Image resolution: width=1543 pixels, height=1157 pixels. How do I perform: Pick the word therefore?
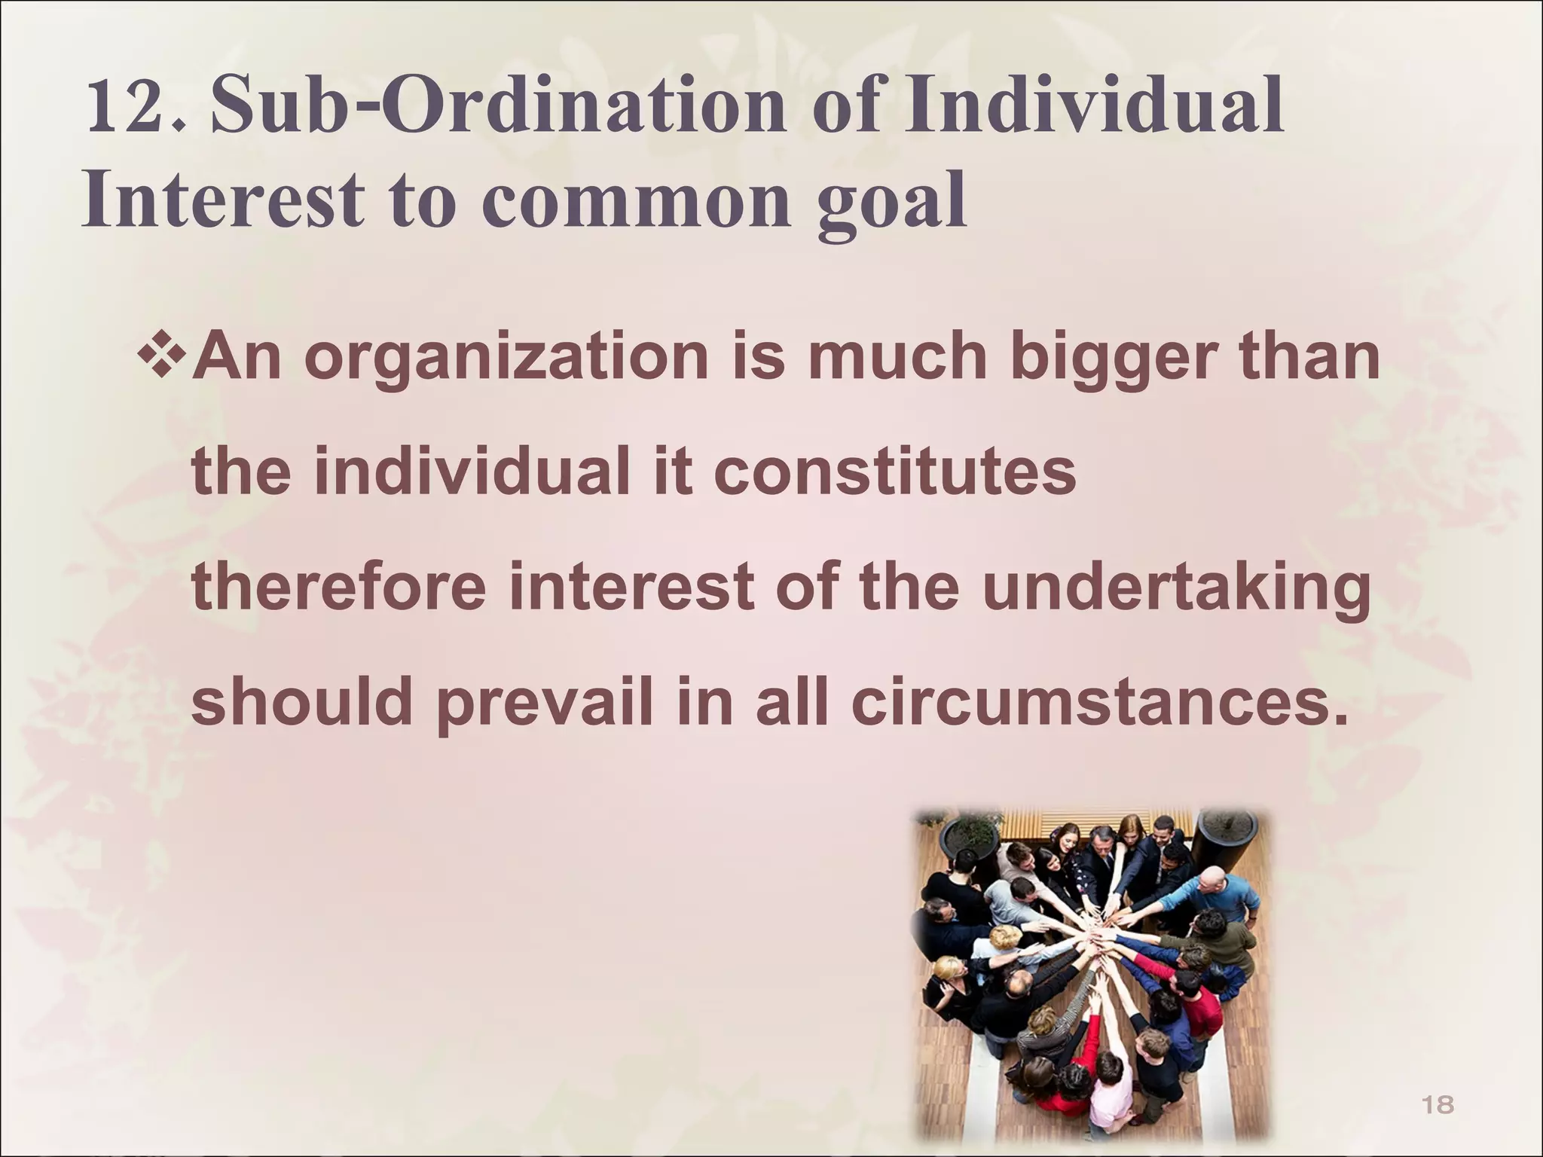(x=339, y=588)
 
